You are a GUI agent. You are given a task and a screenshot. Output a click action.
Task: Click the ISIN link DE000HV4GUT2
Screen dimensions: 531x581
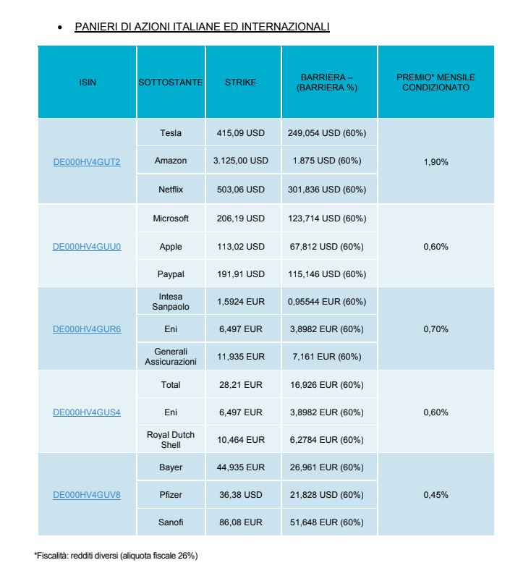point(87,162)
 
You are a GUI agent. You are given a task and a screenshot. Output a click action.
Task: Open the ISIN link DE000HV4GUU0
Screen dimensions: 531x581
point(87,247)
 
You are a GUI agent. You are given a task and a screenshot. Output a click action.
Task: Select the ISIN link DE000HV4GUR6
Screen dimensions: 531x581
point(87,329)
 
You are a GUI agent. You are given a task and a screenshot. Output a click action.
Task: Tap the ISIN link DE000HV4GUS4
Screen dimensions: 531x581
point(87,412)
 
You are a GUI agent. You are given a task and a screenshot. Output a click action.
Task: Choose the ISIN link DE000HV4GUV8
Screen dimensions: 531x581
point(87,495)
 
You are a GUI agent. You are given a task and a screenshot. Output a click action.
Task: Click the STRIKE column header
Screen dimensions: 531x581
point(240,82)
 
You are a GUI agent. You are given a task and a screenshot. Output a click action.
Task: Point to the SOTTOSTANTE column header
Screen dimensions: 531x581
point(171,82)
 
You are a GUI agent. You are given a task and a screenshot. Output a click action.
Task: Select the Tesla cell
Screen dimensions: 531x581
point(171,133)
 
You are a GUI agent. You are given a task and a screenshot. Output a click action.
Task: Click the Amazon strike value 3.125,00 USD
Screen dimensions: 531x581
point(240,161)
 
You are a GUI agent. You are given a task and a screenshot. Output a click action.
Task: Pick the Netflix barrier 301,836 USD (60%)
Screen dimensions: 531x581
point(327,190)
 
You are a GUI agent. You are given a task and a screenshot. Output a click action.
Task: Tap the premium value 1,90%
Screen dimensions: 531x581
point(436,162)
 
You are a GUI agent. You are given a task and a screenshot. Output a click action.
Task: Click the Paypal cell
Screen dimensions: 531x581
point(171,274)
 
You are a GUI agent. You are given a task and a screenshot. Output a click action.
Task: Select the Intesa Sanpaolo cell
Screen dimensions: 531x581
point(171,302)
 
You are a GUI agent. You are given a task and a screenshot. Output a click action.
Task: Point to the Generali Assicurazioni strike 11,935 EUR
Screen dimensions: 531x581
point(241,357)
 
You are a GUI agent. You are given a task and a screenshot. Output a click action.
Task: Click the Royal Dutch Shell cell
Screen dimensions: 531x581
point(171,439)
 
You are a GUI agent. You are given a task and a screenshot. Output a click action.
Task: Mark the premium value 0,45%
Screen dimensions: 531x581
point(436,495)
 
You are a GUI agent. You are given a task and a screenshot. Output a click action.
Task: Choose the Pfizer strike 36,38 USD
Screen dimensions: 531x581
point(240,495)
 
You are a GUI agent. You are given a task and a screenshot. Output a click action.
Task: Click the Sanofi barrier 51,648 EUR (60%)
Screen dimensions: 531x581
point(327,522)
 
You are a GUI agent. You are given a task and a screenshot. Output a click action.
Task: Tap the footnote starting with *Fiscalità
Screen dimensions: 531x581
point(116,556)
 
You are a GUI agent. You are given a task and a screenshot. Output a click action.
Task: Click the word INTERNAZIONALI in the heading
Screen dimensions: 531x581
point(285,27)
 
